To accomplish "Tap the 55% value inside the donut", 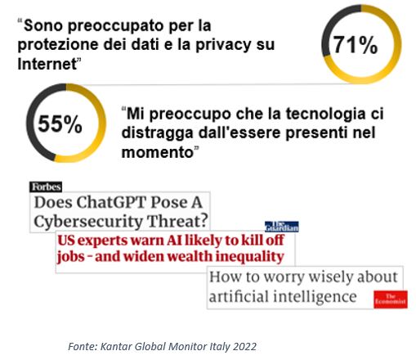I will (60, 124).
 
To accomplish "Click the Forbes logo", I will (46, 187).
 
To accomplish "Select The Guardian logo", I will (281, 227).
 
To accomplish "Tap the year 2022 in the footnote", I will (242, 346).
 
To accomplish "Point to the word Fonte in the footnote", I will (82, 346).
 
